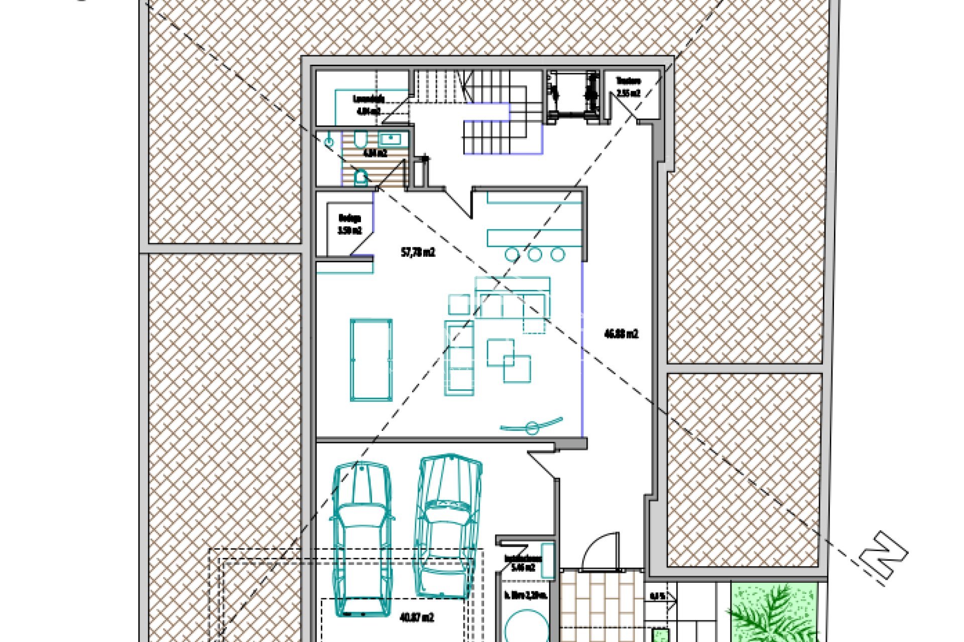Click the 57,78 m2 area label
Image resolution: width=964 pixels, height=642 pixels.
click(418, 252)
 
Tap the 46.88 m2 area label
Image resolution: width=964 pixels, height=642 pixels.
click(621, 334)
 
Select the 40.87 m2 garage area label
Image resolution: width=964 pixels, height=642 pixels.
click(416, 617)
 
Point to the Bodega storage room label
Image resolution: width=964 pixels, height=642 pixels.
click(349, 218)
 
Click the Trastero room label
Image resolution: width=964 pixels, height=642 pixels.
click(628, 81)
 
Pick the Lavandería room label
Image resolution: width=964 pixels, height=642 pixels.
click(369, 99)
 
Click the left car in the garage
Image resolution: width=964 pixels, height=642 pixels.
click(362, 539)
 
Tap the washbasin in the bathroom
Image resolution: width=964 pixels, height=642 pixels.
click(393, 138)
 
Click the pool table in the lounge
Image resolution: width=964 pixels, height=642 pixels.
click(371, 360)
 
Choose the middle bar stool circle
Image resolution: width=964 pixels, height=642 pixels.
click(535, 254)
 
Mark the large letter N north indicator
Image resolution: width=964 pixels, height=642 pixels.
click(884, 556)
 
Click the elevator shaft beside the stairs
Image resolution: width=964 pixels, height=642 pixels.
click(573, 96)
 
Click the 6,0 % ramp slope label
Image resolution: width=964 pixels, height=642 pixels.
click(657, 597)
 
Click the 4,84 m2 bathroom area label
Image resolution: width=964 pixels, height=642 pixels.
click(375, 153)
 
